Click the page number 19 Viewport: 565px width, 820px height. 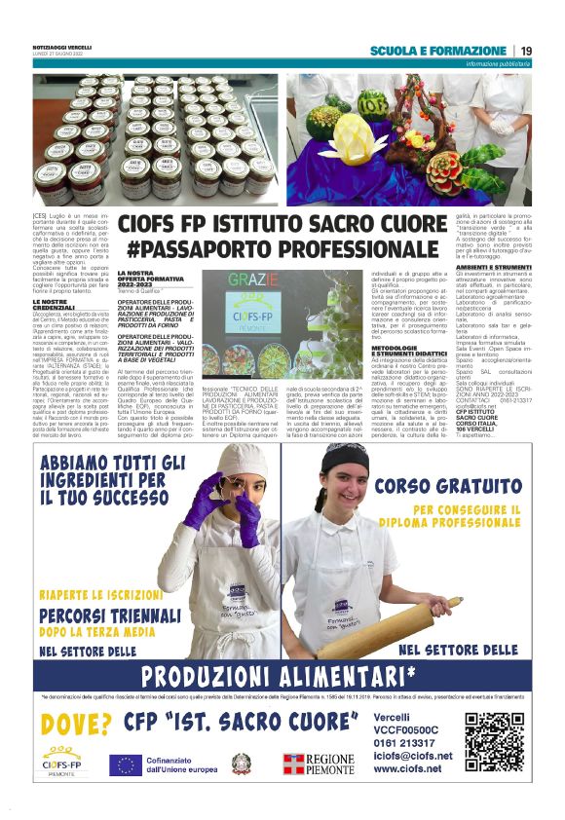click(526, 51)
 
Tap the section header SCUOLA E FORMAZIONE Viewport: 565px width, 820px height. click(437, 51)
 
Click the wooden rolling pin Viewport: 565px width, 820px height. click(390, 628)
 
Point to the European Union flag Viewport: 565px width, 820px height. click(124, 765)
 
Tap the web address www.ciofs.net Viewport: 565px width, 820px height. click(406, 768)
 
